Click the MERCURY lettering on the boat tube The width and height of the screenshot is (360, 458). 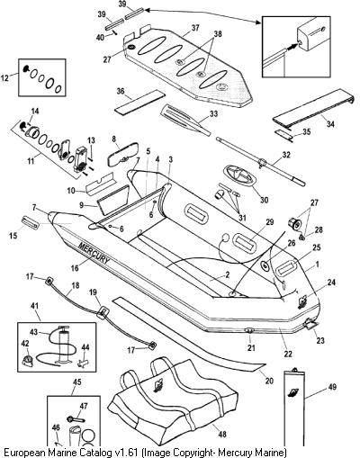(x=94, y=253)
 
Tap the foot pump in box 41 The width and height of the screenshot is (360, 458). (x=64, y=344)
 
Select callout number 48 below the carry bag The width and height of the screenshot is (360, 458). (x=222, y=434)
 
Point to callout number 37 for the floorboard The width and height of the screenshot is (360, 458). (x=195, y=28)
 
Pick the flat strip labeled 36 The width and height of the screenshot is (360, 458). (x=140, y=102)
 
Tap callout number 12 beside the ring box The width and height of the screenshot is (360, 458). (x=5, y=78)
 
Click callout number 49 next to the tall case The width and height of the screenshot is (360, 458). (x=332, y=387)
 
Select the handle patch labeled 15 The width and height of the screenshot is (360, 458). (x=30, y=222)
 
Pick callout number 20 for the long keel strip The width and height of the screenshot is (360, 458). (x=269, y=381)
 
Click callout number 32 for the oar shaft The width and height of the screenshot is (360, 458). (x=286, y=155)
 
